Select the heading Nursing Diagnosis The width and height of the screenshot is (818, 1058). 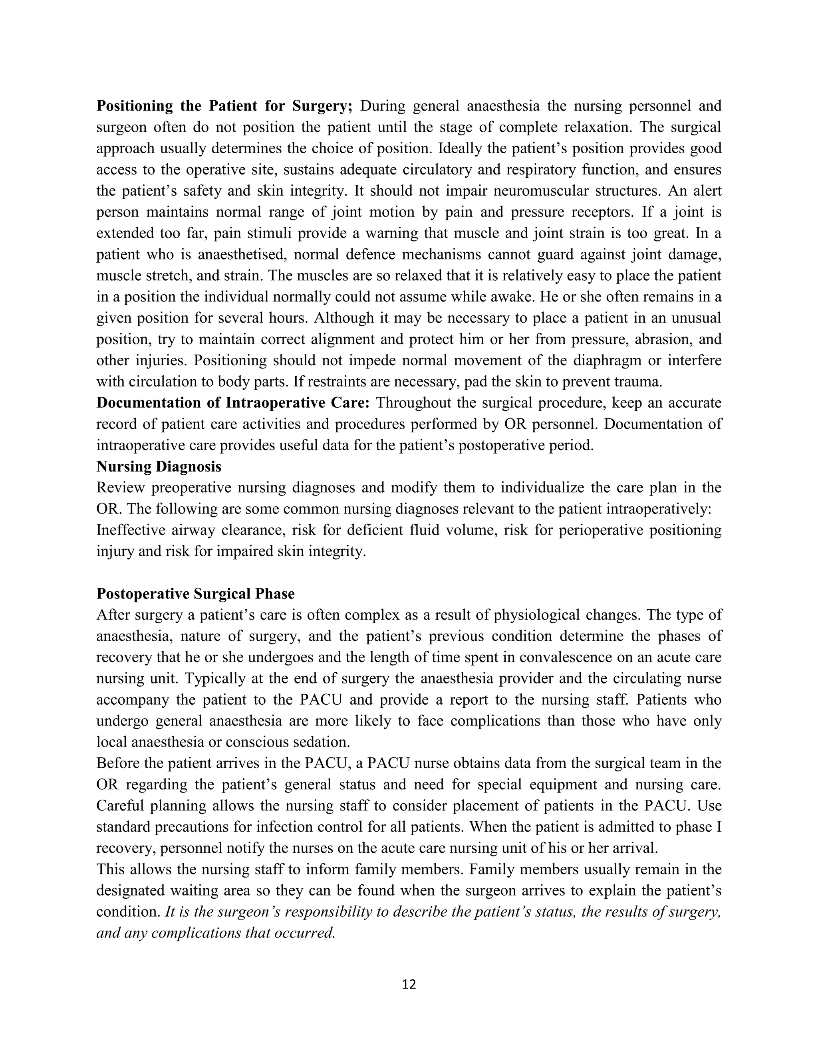pos(159,466)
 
